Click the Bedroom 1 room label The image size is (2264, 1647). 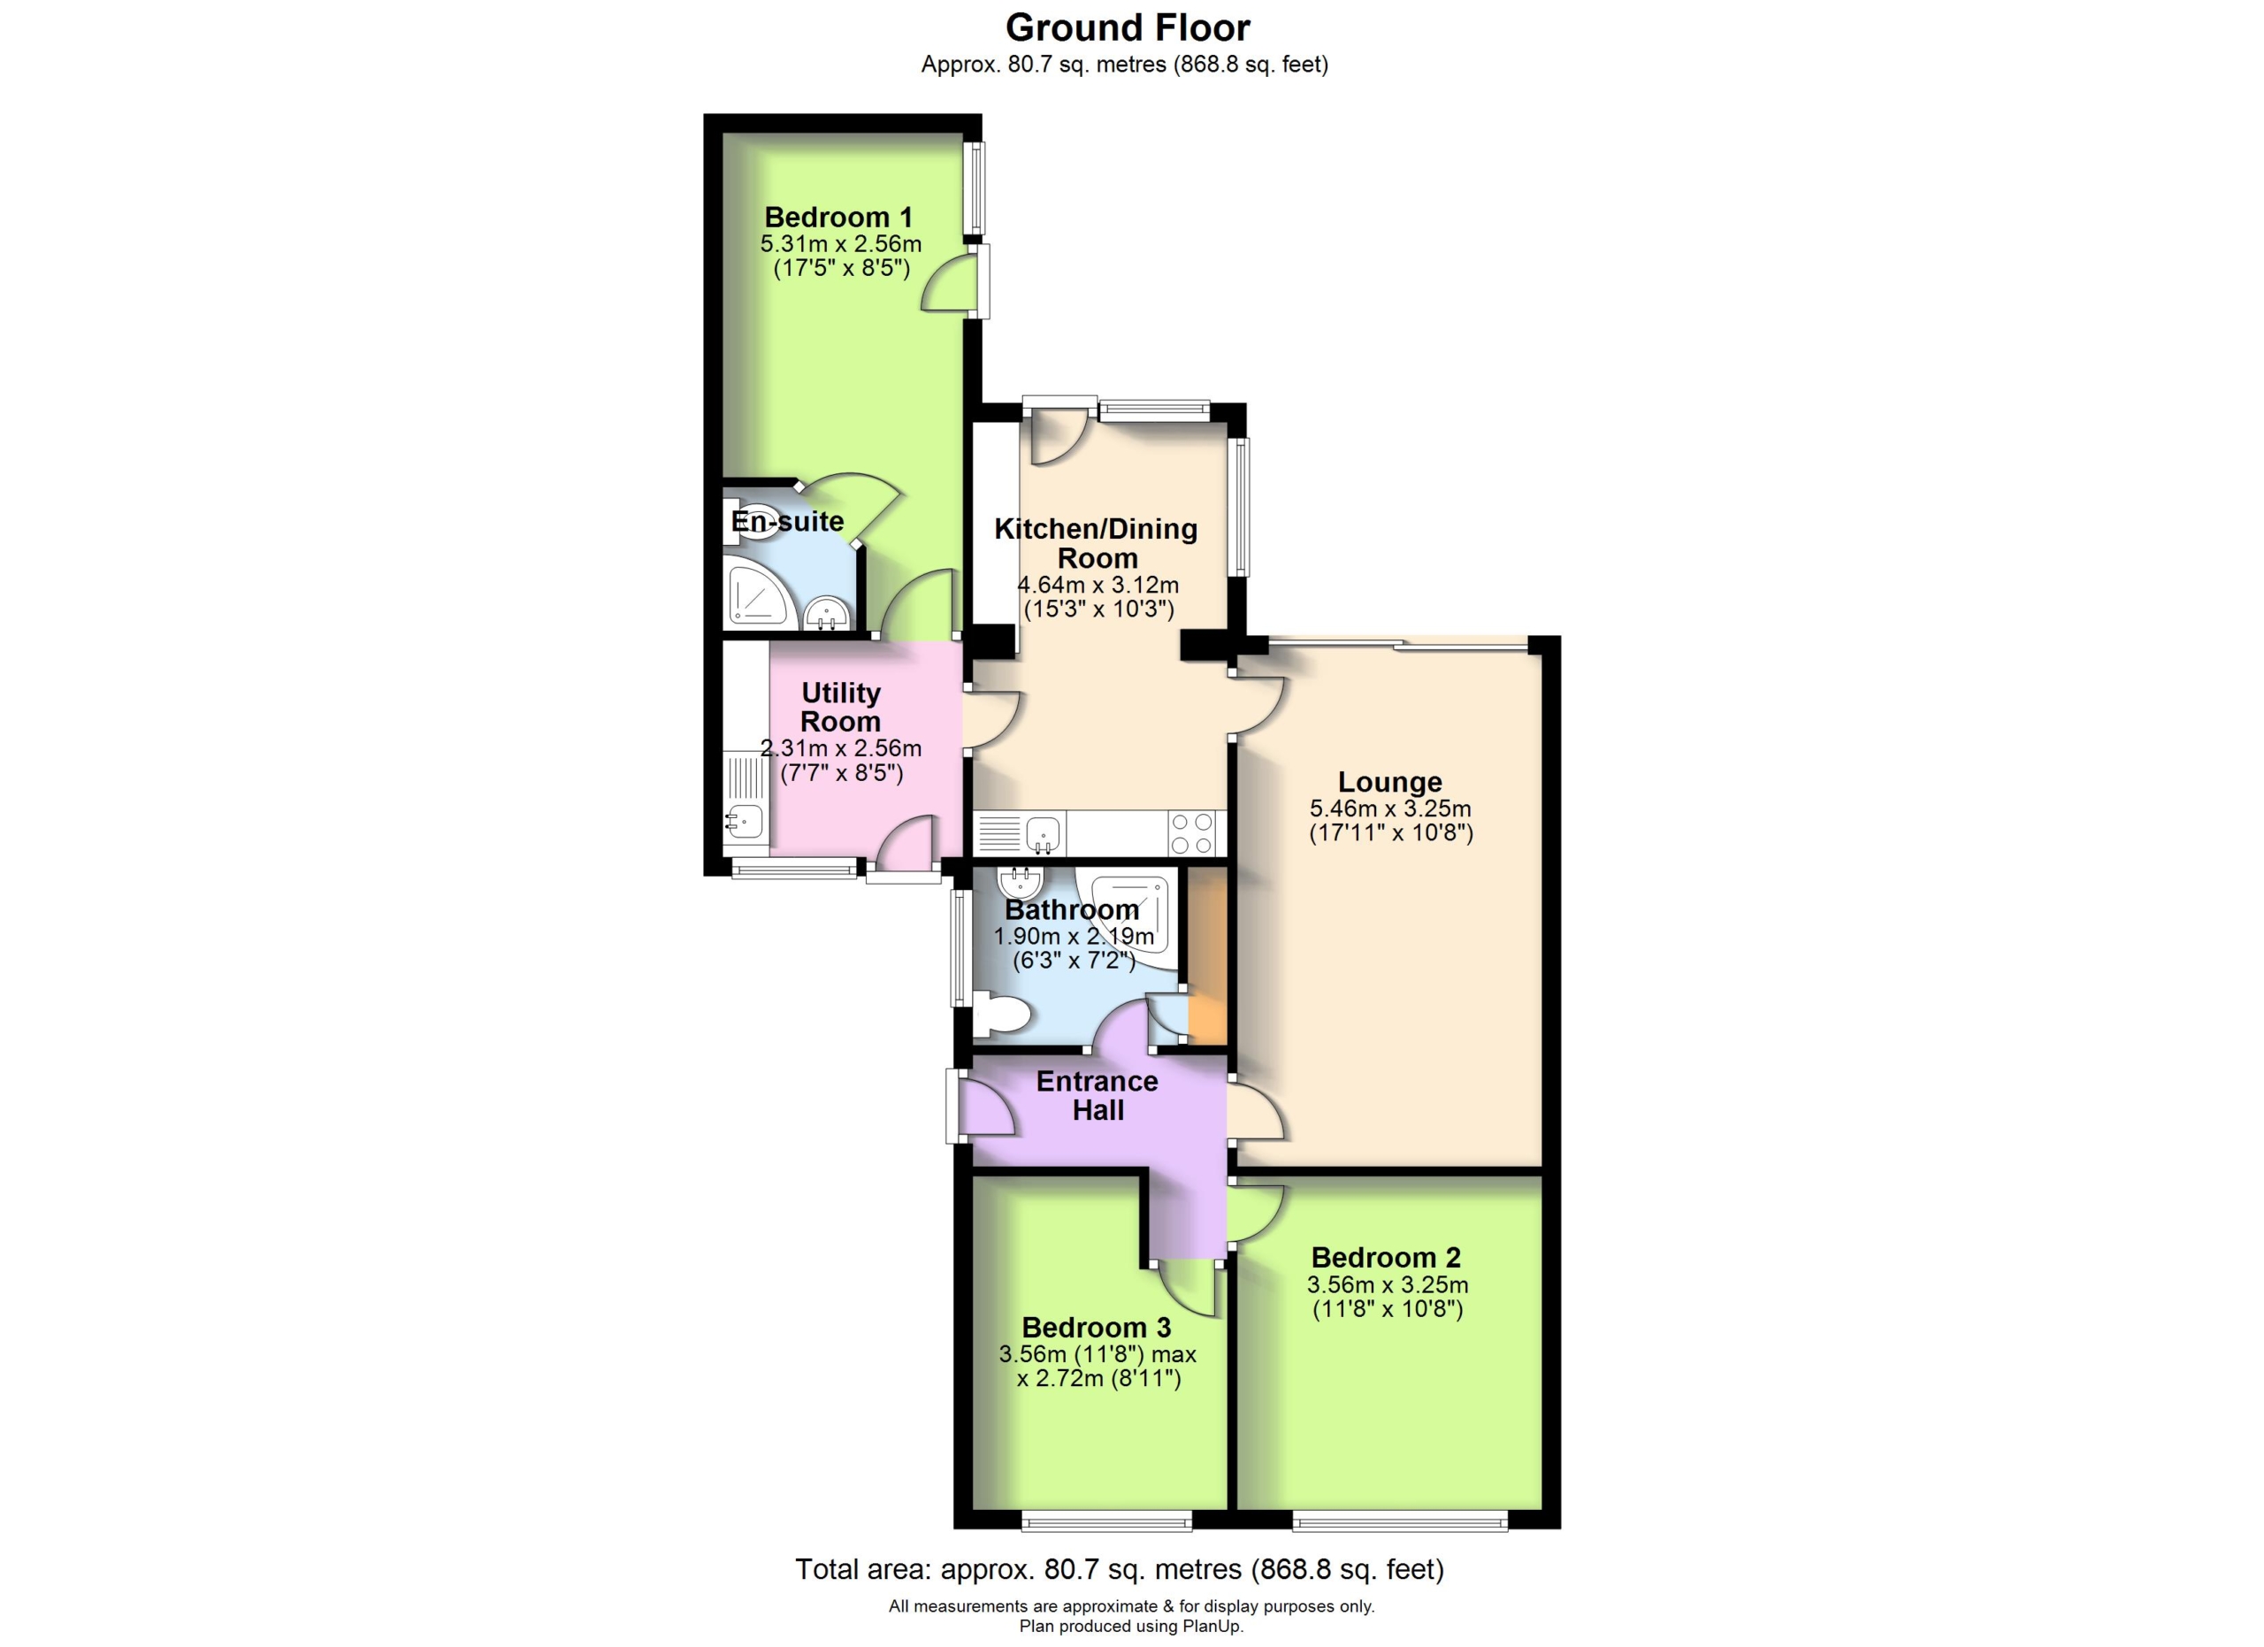[x=838, y=217]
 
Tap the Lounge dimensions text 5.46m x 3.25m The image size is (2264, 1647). [x=1389, y=808]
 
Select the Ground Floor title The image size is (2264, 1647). [x=1128, y=27]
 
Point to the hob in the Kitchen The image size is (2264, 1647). [x=1193, y=833]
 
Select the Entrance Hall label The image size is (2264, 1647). [x=1097, y=1095]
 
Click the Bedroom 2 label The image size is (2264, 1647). [x=1386, y=1258]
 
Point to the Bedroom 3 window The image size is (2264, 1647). [x=1106, y=1523]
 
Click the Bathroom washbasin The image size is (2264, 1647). [x=1021, y=883]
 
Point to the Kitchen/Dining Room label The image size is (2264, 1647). [x=1096, y=543]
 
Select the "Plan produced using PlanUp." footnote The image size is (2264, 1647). [x=1131, y=1626]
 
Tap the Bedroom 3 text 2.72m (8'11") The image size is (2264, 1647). [x=1098, y=1378]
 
